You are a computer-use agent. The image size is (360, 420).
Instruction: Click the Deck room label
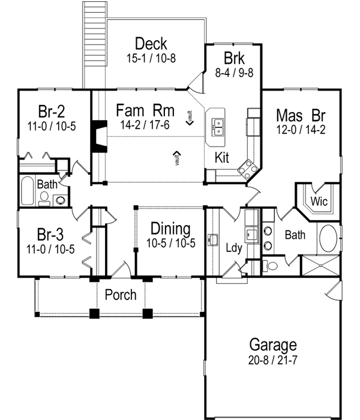[x=151, y=44]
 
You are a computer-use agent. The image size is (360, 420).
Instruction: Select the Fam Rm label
[x=145, y=110]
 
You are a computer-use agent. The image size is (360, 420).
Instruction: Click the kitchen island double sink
[x=218, y=126]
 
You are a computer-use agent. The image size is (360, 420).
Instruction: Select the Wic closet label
[x=319, y=202]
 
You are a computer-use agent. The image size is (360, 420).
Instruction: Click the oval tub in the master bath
[x=329, y=239]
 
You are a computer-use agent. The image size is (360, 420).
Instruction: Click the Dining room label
[x=170, y=229]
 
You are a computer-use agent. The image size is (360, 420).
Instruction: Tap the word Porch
[x=121, y=295]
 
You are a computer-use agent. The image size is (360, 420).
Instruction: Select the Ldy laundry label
[x=233, y=247]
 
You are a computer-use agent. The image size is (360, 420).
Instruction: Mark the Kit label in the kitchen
[x=223, y=158]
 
